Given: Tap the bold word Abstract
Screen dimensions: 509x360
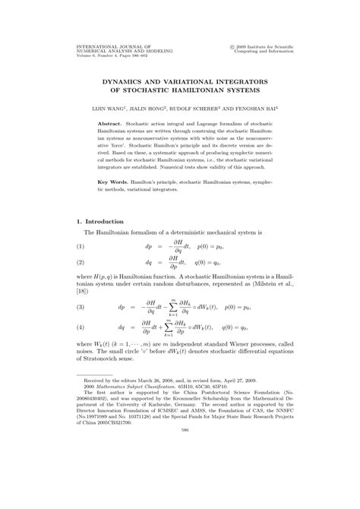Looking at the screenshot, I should coord(111,122).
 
